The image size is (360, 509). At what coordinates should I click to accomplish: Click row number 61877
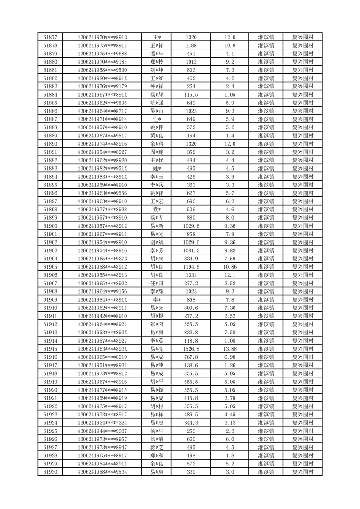tap(50, 37)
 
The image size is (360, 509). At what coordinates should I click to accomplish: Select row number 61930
tap(50, 472)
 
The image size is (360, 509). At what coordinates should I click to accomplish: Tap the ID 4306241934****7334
tap(102, 423)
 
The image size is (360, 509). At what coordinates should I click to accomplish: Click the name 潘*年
tap(156, 54)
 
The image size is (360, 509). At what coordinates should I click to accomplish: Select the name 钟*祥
tap(156, 87)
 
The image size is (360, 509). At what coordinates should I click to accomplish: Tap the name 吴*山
tap(156, 111)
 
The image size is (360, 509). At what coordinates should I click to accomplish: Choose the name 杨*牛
tap(156, 431)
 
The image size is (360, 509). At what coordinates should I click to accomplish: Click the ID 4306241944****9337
tap(102, 431)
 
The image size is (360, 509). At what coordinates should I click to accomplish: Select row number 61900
tap(50, 226)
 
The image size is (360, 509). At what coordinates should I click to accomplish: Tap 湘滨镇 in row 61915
tap(266, 349)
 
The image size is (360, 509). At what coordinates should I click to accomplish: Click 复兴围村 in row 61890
tap(303, 144)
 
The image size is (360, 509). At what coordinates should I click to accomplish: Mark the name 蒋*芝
tap(156, 447)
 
